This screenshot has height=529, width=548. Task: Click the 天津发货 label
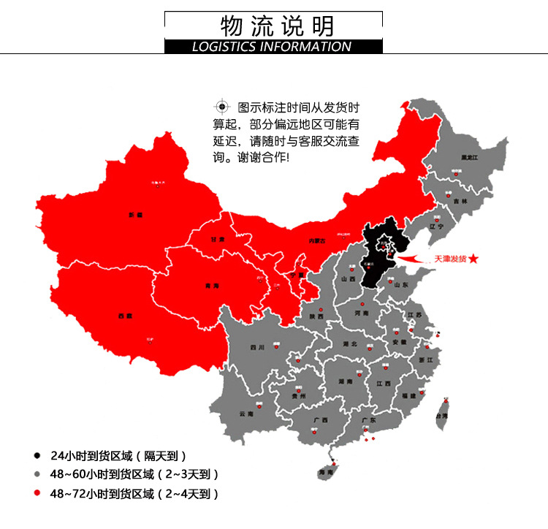[x=450, y=259]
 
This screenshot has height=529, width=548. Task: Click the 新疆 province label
[x=135, y=216]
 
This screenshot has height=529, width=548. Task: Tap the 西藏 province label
[x=125, y=316]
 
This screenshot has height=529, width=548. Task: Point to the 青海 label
[x=212, y=286]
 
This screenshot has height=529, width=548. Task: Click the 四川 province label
[x=257, y=348]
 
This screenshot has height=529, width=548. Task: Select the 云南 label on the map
[x=246, y=413]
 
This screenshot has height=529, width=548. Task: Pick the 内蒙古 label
[x=316, y=240]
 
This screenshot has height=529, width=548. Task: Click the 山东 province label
[x=401, y=285]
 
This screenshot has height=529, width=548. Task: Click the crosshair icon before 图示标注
[x=221, y=107]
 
